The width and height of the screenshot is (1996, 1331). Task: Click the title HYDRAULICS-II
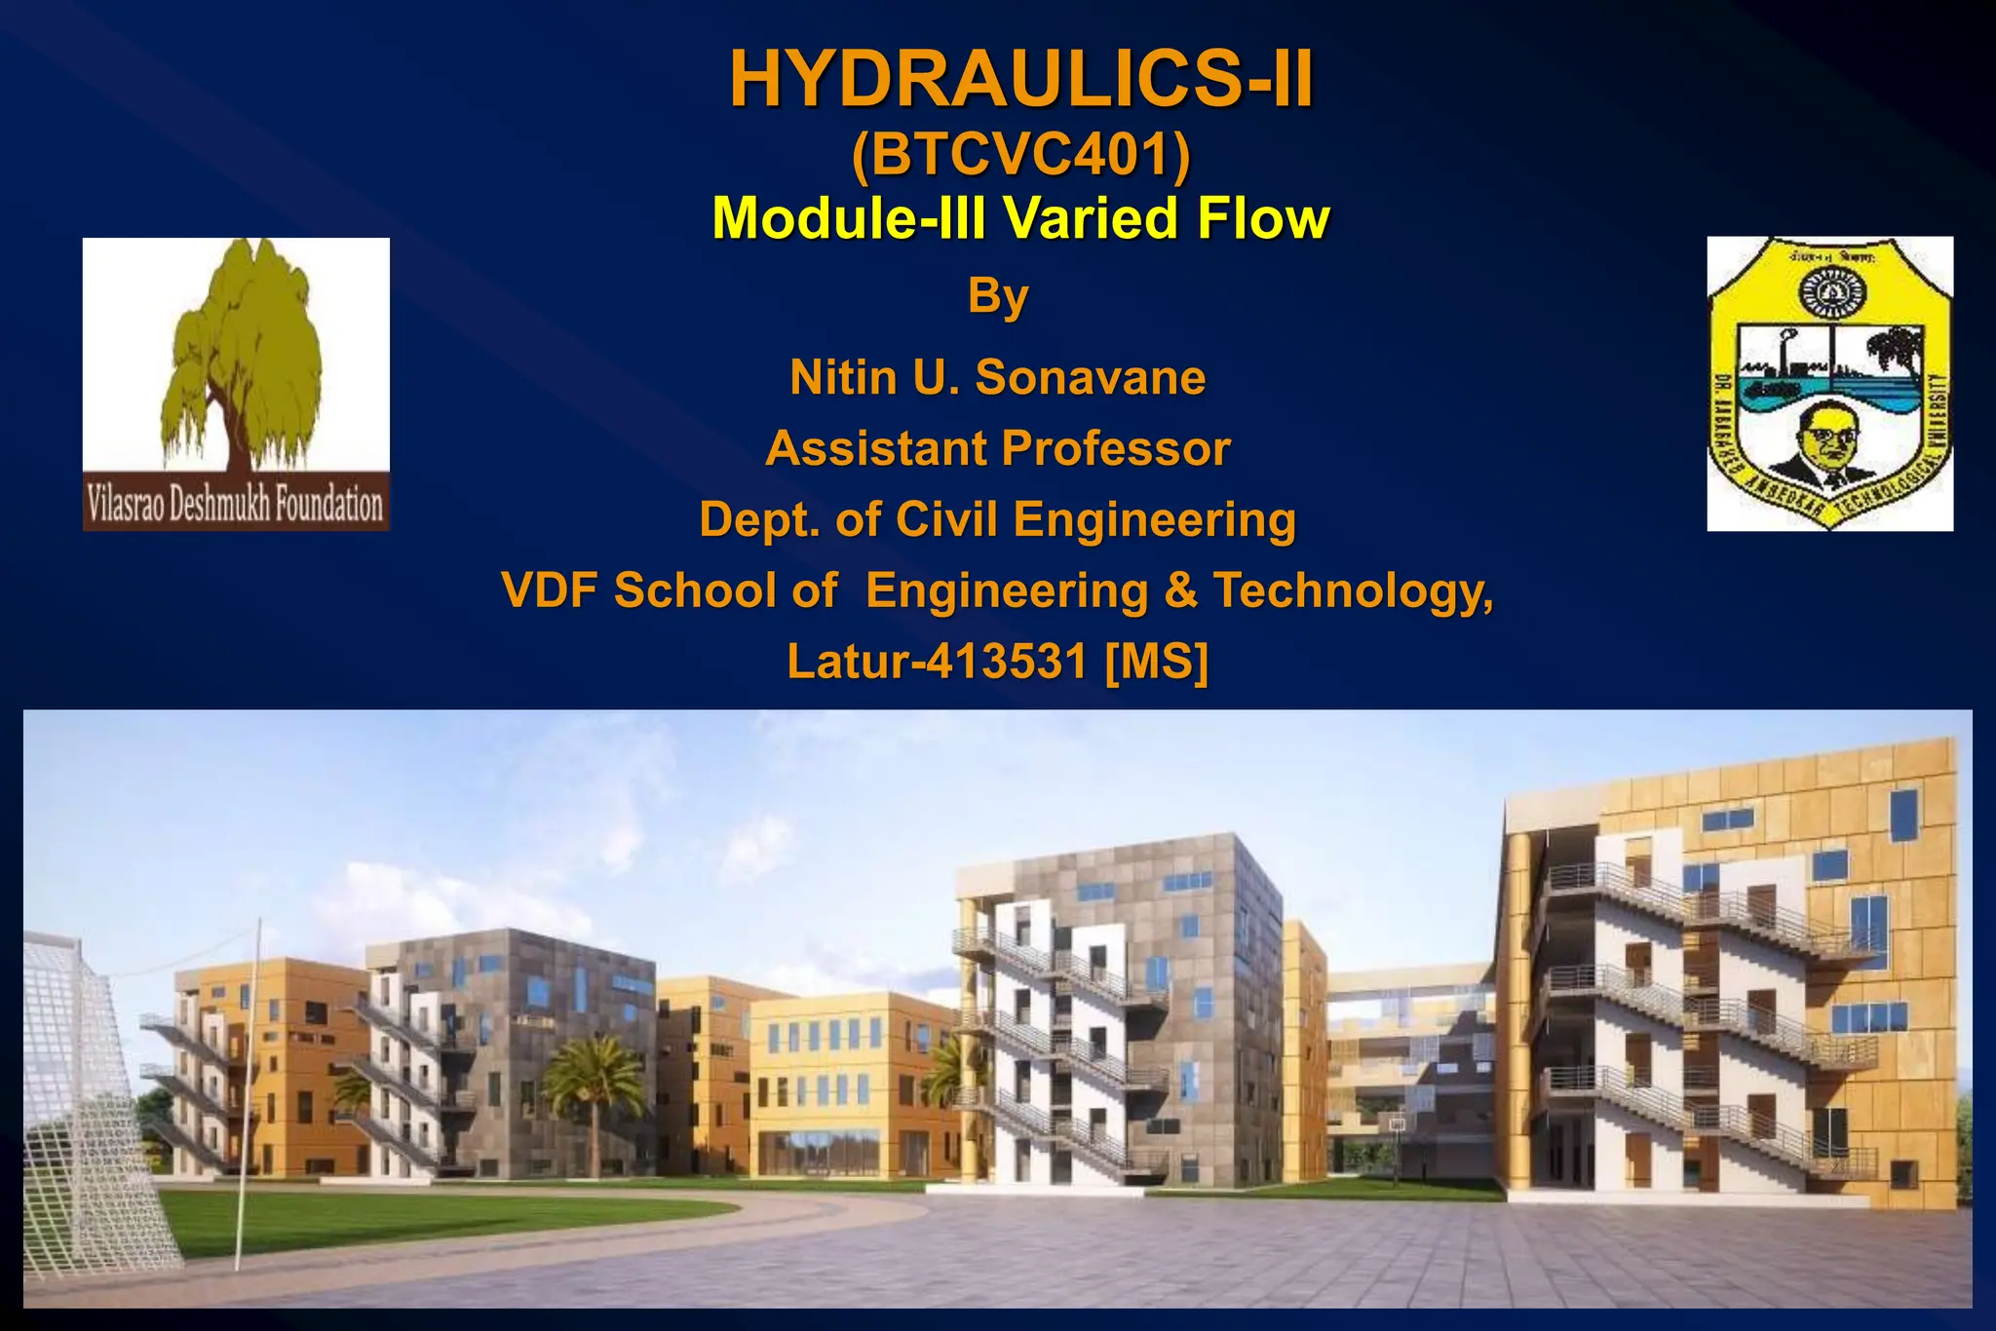pyautogui.click(x=1020, y=80)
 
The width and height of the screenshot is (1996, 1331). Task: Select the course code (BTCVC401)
pyautogui.click(x=1020, y=155)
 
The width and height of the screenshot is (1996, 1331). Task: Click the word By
pyautogui.click(x=998, y=295)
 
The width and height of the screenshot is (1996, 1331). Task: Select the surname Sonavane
pyautogui.click(x=1091, y=378)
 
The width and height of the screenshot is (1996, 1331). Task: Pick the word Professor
pyautogui.click(x=1116, y=449)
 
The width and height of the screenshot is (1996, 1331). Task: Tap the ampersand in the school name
pyautogui.click(x=1180, y=590)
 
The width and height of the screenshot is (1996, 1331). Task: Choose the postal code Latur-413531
pyautogui.click(x=937, y=662)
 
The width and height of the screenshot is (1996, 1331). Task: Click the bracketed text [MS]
pyautogui.click(x=1157, y=662)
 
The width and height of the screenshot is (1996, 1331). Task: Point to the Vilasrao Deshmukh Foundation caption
pyautogui.click(x=235, y=505)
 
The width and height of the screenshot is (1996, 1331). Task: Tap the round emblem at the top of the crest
pyautogui.click(x=1829, y=292)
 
